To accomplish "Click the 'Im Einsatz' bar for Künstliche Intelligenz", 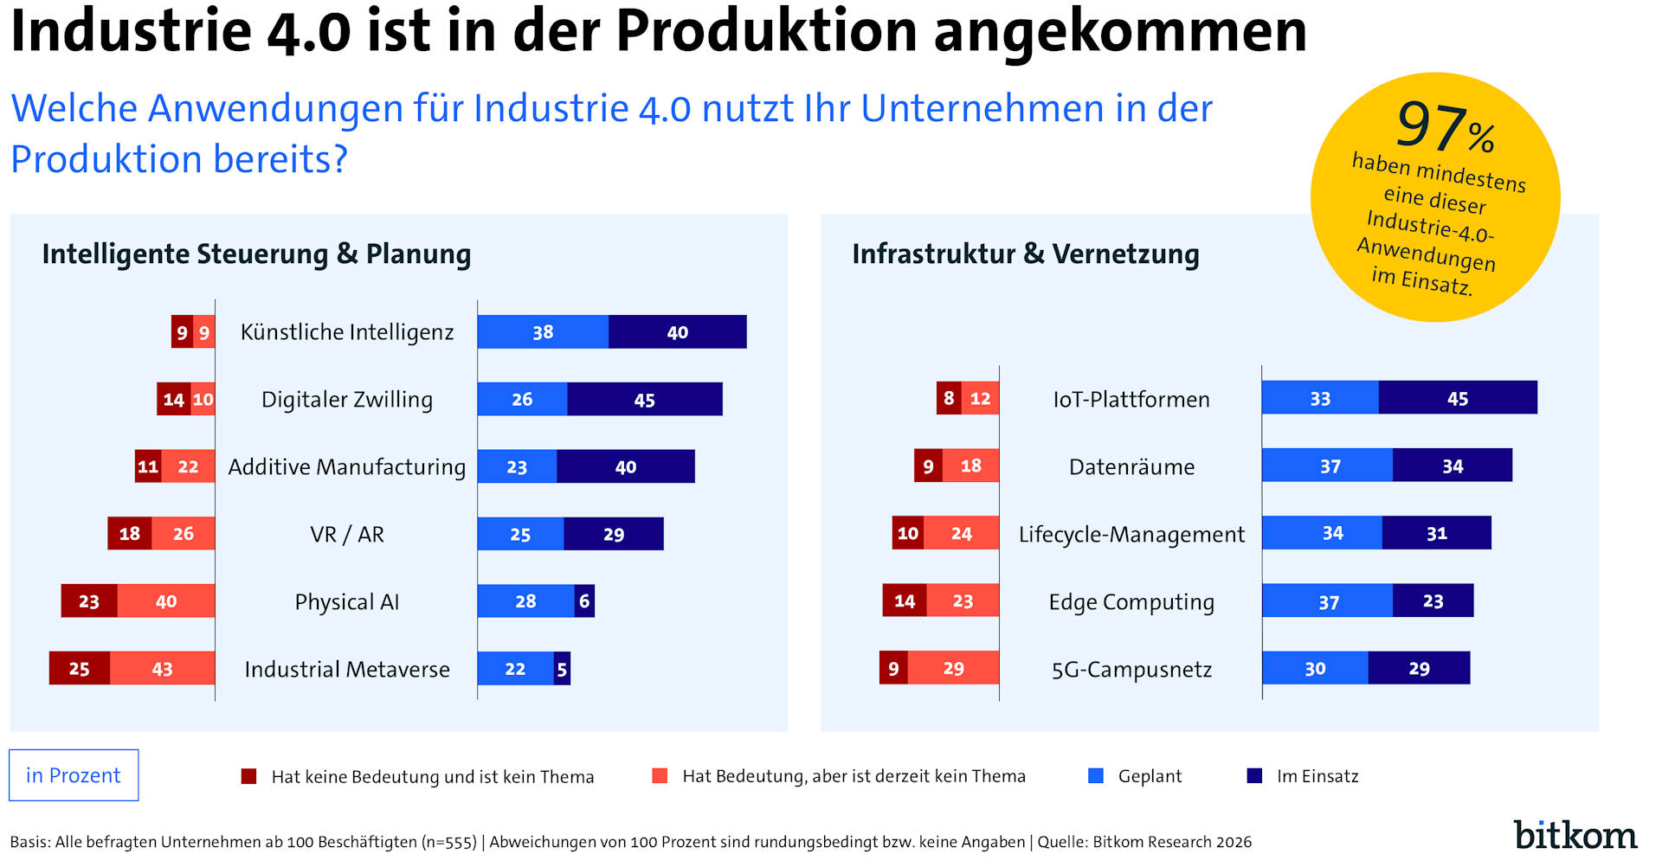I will [677, 332].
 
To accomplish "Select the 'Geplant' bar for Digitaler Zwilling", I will [522, 400].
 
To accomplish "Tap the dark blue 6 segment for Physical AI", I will [584, 601].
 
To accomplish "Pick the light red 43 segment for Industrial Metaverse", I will [162, 669].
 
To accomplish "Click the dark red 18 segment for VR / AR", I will [130, 534].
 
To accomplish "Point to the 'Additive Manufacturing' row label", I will [346, 467].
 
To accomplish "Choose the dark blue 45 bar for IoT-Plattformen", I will [1458, 398].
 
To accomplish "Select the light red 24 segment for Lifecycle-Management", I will [961, 533].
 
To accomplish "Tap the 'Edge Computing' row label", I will [1131, 602].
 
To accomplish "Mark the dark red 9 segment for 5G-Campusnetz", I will [893, 668].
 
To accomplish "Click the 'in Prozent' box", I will [74, 775].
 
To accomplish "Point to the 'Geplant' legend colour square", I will [1096, 776].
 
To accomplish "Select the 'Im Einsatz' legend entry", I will [1317, 776].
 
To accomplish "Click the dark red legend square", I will [249, 776].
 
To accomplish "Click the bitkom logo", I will [1575, 834].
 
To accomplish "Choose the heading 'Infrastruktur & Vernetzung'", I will [1026, 254].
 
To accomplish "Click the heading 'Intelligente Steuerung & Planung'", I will [256, 254].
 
